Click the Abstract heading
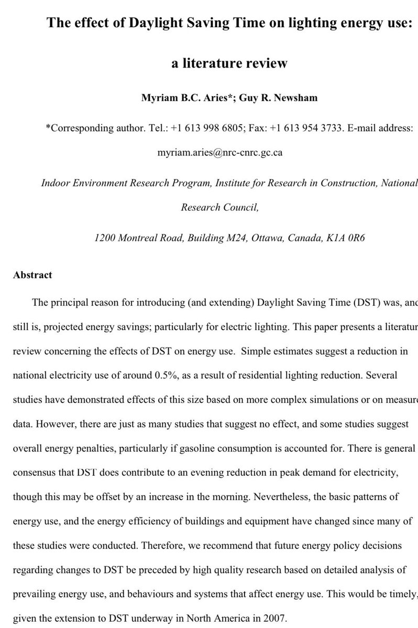32,275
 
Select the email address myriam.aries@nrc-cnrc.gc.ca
220,153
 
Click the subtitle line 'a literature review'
229,63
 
